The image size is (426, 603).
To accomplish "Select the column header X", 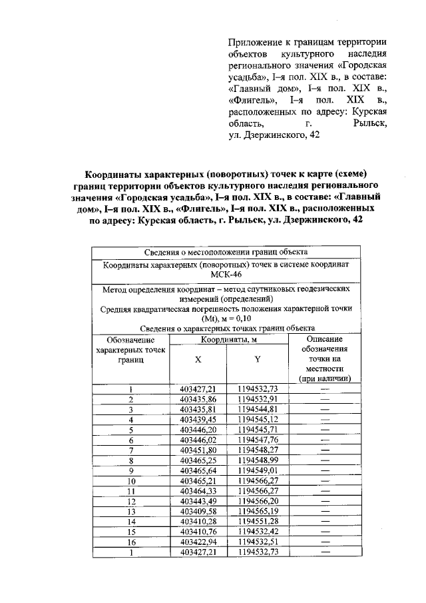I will pyautogui.click(x=198, y=358).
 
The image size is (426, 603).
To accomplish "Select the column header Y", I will pyautogui.click(x=256, y=358).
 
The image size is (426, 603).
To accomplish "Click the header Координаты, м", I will pyautogui.click(x=226, y=340).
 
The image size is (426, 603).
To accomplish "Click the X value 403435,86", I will pyautogui.click(x=198, y=399).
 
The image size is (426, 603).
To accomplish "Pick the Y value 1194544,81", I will pyautogui.click(x=258, y=409).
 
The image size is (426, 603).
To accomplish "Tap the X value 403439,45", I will pyautogui.click(x=198, y=420).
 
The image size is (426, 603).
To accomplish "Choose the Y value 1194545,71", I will pyautogui.click(x=258, y=430).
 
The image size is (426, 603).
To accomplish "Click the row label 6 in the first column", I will pyautogui.click(x=132, y=440).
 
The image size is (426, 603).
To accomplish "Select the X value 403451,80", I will pyautogui.click(x=198, y=450).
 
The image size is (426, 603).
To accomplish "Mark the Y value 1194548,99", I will pyautogui.click(x=258, y=460).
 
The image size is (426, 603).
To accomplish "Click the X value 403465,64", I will pyautogui.click(x=198, y=470).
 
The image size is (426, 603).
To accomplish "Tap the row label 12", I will pyautogui.click(x=132, y=501).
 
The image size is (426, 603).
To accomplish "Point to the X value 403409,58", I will pyautogui.click(x=198, y=511).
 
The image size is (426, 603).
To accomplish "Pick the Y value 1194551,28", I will pyautogui.click(x=258, y=522).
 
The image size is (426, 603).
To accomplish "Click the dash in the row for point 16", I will pyautogui.click(x=325, y=542).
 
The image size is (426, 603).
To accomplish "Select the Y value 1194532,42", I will pyautogui.click(x=258, y=532).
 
